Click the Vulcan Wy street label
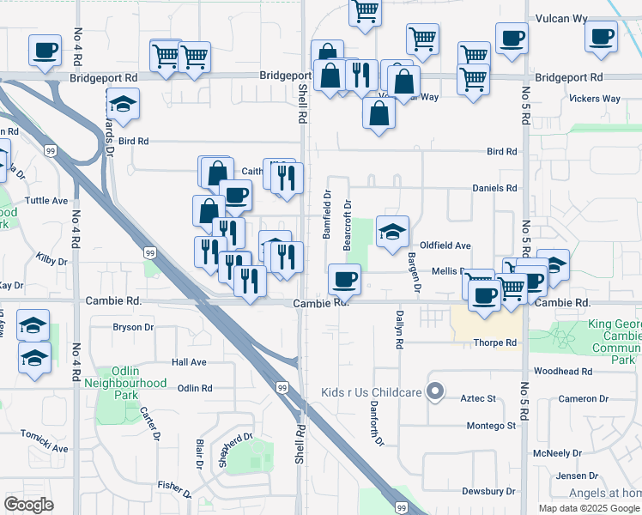pos(561,17)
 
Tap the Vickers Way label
pos(594,99)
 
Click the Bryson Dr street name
pos(133,327)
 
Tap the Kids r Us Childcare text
pos(372,393)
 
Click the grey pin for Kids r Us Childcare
pos(435,392)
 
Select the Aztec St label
pos(481,399)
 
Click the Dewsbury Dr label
pos(488,492)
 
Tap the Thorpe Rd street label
pos(494,342)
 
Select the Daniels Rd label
pos(494,188)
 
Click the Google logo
pos(28,505)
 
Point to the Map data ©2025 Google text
pos(588,508)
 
